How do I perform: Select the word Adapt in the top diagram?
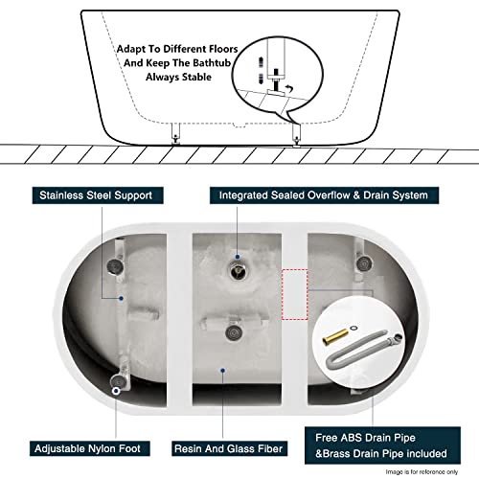point(133,45)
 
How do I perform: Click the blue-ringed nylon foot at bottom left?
point(116,390)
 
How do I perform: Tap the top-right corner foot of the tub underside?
point(361,262)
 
